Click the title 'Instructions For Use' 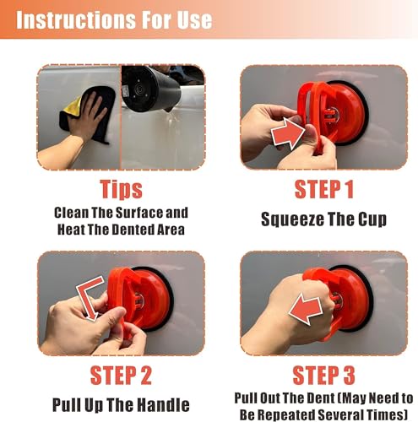114,20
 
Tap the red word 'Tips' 122,189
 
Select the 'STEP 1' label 323,189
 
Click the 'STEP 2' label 121,376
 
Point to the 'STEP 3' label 323,376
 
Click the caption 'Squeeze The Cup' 323,219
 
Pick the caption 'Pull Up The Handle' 121,405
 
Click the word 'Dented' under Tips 130,230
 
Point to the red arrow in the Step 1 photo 288,133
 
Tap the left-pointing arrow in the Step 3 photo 306,309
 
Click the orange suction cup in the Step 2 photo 139,300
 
